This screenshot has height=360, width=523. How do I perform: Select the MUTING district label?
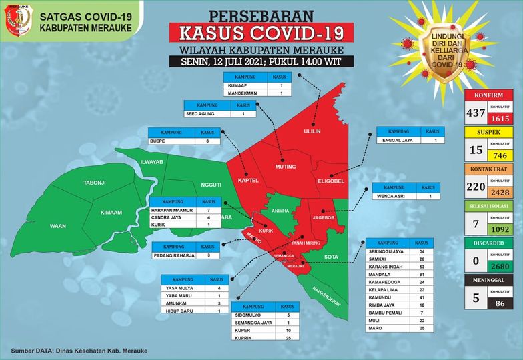pyautogui.click(x=285, y=166)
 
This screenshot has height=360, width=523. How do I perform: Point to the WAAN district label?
pyautogui.click(x=58, y=227)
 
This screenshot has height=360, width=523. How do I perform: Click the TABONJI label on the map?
pyautogui.click(x=95, y=183)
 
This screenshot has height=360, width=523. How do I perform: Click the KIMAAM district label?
pyautogui.click(x=111, y=212)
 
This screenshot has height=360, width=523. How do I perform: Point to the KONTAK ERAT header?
pyautogui.click(x=490, y=169)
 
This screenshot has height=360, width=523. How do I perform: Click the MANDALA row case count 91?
pyautogui.click(x=422, y=273)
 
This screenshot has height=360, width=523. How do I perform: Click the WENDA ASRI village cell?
pyautogui.click(x=396, y=197)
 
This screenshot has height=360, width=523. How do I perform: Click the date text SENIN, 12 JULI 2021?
pyautogui.click(x=229, y=62)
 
